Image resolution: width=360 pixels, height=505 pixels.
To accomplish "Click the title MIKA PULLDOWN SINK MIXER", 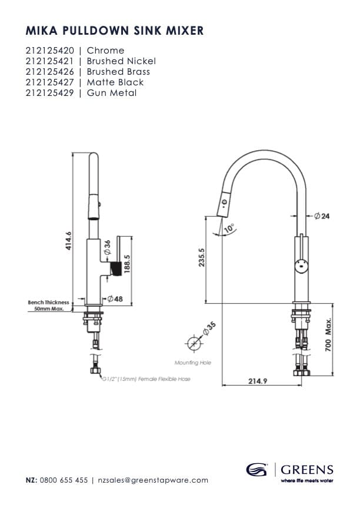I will (x=115, y=31).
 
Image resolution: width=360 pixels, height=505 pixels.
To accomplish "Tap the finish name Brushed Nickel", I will (x=121, y=61).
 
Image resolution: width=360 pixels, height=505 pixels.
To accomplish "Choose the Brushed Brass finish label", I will (x=118, y=72).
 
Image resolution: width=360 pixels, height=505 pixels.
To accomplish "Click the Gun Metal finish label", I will (x=112, y=93).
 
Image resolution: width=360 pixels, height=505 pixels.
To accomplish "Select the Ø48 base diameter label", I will (x=115, y=299).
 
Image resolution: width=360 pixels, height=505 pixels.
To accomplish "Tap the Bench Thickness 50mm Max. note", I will (x=48, y=305).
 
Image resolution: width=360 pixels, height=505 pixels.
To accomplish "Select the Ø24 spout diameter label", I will (x=322, y=217).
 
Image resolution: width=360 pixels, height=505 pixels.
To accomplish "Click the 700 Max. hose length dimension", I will (x=329, y=336).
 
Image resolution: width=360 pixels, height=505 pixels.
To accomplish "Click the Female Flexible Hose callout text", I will (x=144, y=380).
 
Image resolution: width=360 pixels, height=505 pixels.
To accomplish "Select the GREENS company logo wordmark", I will (x=306, y=470).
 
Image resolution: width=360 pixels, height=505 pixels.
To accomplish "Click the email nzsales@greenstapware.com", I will (x=153, y=480).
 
